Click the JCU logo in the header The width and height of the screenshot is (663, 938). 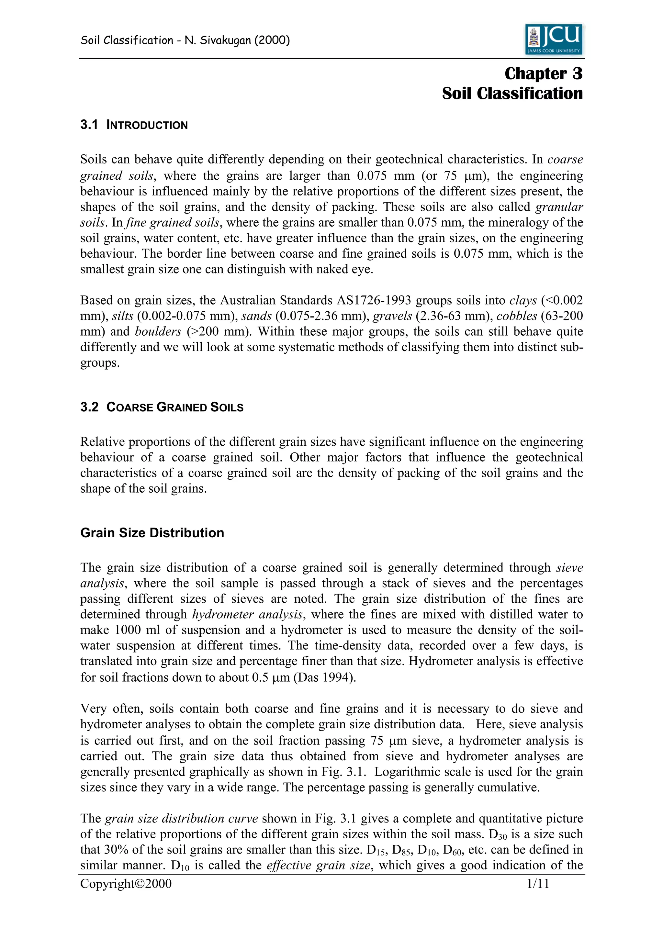554,39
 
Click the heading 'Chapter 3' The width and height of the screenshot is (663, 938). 543,74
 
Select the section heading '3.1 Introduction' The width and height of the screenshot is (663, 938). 134,125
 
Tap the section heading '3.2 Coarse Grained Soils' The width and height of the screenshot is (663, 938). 162,407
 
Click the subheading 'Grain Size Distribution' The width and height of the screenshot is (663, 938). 152,533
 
